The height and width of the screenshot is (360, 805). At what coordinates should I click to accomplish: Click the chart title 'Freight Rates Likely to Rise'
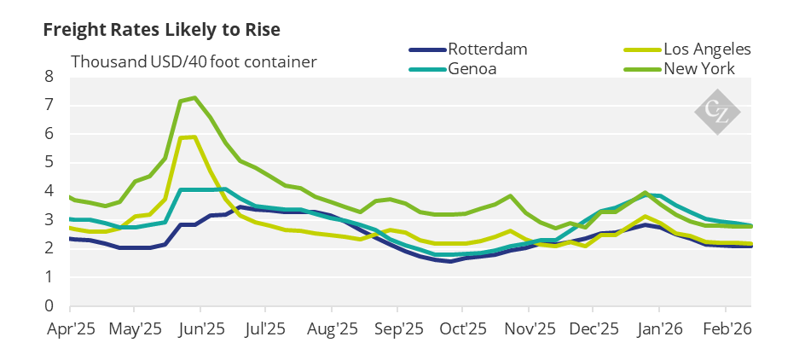[162, 29]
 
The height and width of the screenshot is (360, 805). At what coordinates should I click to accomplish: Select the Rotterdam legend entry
[488, 49]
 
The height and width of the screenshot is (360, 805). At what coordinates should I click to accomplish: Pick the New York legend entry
[699, 68]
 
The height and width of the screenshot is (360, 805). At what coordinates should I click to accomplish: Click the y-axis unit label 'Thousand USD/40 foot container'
[194, 61]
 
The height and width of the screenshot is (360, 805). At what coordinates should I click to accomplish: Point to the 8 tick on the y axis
[49, 77]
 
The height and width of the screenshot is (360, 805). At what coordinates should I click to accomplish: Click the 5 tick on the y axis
[49, 162]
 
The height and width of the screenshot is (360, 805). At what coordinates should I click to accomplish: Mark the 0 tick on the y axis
[49, 305]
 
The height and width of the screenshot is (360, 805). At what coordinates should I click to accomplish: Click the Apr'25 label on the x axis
[70, 328]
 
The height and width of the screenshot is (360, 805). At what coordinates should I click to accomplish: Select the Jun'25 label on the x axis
[201, 328]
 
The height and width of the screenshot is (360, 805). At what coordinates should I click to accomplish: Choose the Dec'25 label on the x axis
[594, 328]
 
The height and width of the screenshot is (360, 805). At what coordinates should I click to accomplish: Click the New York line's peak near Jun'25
[195, 97]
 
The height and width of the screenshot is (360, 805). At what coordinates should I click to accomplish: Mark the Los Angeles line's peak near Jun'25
[194, 136]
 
